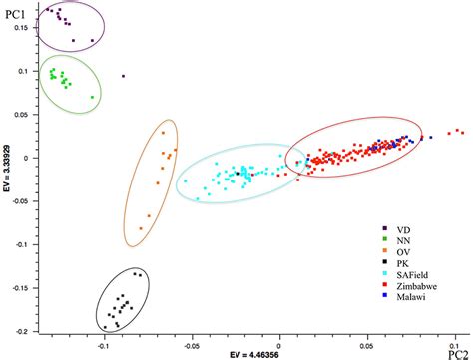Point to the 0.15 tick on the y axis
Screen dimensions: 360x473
[x=23, y=29]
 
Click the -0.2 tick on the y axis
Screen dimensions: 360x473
[x=23, y=328]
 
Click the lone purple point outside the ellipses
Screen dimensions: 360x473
[x=123, y=76]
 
